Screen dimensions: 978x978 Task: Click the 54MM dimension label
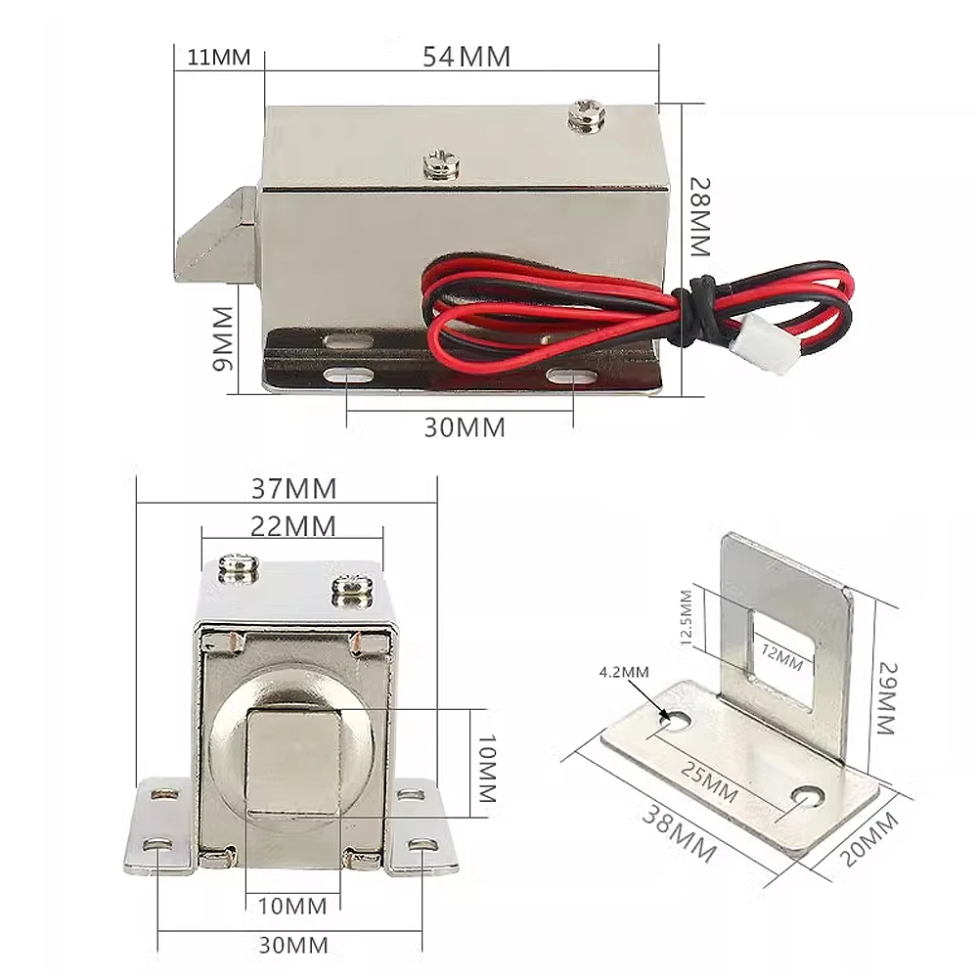(466, 57)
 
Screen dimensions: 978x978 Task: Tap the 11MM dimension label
(219, 58)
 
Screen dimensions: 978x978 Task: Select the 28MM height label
(700, 217)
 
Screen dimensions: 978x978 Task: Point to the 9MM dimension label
(223, 338)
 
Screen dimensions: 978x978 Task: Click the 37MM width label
(293, 488)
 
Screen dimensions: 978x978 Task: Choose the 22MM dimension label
(293, 526)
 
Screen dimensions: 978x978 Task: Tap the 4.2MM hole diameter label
(624, 672)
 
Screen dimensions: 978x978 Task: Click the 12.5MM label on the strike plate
(687, 617)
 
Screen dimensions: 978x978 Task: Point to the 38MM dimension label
(680, 834)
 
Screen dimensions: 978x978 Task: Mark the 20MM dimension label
(870, 840)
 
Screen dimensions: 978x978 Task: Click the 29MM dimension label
(886, 698)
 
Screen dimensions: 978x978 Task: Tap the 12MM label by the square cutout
(781, 657)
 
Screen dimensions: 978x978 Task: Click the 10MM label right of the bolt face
(486, 768)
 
